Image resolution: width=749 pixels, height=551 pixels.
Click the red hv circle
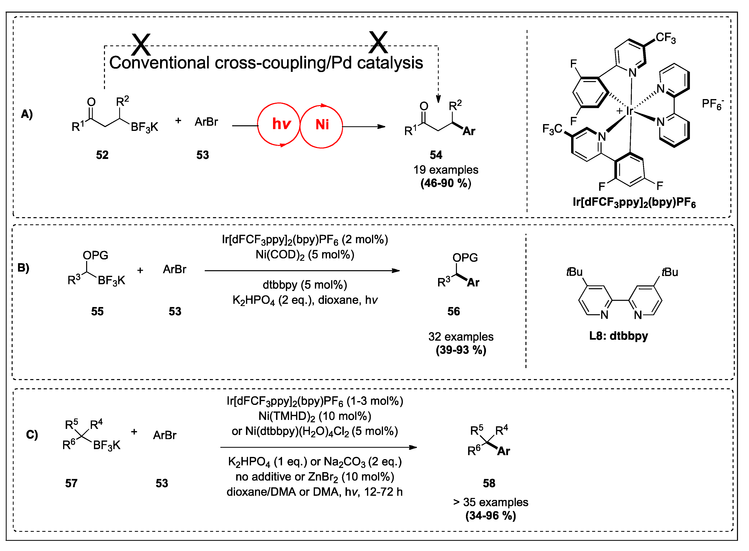279,124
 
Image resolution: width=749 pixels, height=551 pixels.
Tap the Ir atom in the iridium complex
629,111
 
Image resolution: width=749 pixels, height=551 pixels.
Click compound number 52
102,155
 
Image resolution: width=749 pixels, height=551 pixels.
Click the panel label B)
23,268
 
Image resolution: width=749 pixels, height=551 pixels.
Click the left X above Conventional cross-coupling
141,44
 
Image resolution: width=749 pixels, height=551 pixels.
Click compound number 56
453,311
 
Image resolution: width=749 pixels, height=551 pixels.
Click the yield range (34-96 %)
490,516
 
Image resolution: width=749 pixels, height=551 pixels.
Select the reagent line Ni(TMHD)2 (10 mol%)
315,416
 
